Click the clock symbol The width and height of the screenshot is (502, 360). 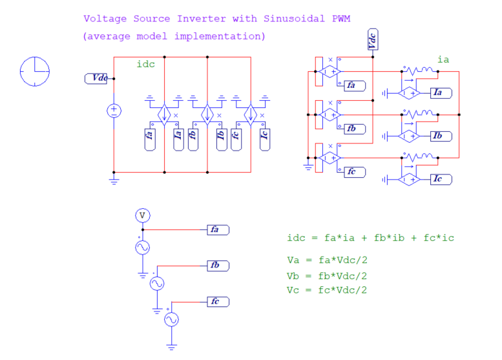point(35,70)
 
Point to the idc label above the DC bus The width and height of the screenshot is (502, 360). point(145,64)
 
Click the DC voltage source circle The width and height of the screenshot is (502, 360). point(114,111)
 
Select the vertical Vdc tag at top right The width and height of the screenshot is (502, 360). point(372,40)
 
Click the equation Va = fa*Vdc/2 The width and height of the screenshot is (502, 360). point(327,261)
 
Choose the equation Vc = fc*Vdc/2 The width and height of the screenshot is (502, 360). point(327,290)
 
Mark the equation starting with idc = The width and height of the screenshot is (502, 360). point(370,238)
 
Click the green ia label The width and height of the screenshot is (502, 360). point(443,59)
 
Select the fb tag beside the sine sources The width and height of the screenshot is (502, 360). point(218,266)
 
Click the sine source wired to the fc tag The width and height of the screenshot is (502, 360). point(171,320)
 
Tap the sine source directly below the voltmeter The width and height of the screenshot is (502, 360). point(142,248)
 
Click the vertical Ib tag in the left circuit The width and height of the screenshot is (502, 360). point(220,140)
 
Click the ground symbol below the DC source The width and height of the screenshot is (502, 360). point(114,182)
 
